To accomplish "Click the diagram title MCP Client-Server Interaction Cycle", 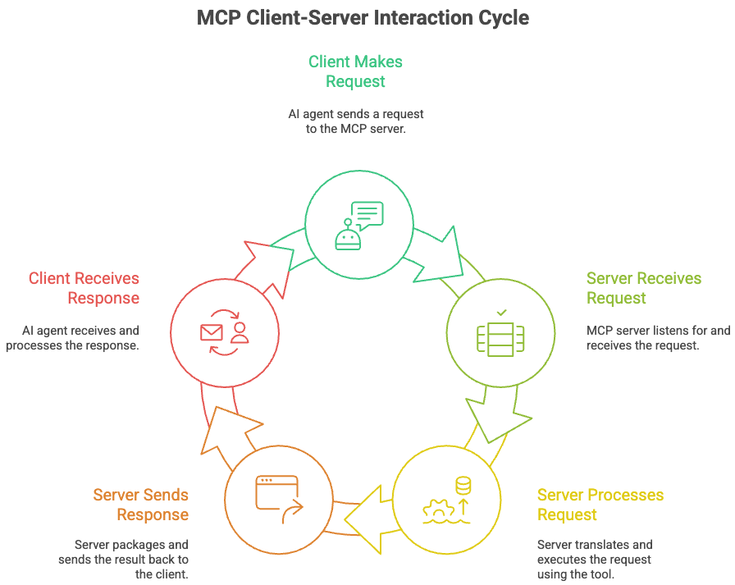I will tap(363, 18).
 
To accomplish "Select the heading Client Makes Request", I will tap(355, 71).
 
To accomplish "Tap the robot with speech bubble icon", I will tap(358, 224).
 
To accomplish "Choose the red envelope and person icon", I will tap(224, 331).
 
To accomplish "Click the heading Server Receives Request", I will tap(644, 288).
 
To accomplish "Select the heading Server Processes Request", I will tap(600, 505).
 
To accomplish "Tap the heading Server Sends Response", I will tap(140, 505).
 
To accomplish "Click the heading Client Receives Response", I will tap(84, 288).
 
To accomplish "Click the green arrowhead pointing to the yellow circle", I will tap(498, 418).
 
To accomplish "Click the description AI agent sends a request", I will tap(355, 121).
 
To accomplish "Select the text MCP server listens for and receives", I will tap(658, 338).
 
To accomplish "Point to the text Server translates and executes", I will tap(595, 560).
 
